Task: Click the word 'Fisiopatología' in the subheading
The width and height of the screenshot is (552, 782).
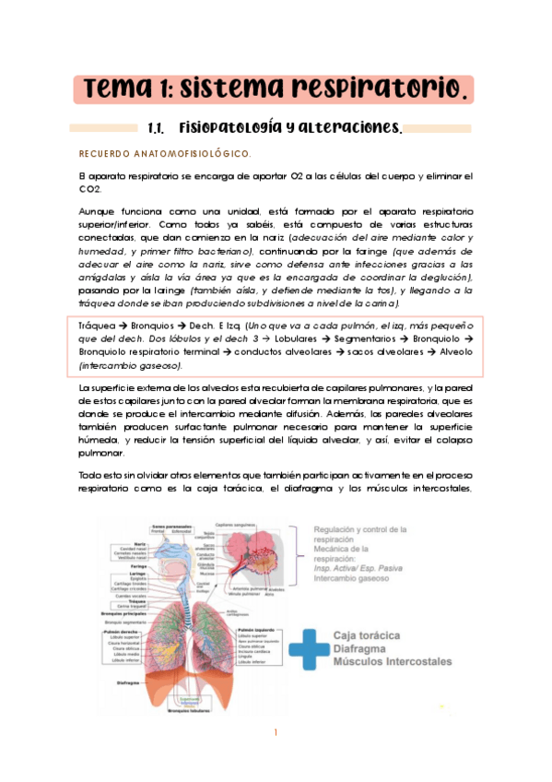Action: point(227,128)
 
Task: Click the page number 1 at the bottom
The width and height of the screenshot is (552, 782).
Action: point(276,733)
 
